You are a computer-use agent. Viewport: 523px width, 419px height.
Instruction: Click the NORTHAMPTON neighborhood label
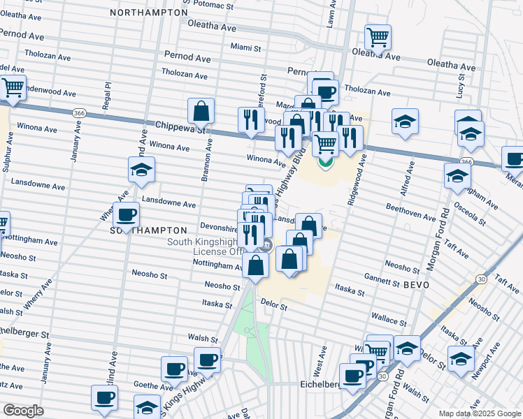(x=148, y=13)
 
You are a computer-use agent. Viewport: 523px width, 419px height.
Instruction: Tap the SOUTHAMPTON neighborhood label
(x=148, y=230)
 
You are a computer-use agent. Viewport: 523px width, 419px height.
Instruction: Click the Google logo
(x=23, y=411)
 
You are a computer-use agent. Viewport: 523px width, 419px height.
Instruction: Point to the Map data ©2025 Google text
(x=479, y=413)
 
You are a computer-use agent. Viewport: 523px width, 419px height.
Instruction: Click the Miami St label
(x=245, y=48)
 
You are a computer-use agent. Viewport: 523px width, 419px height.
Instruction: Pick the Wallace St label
(x=389, y=322)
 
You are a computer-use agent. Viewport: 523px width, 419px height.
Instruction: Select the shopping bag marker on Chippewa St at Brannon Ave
(x=201, y=111)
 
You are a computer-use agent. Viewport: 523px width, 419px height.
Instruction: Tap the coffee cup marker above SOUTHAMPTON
(x=127, y=215)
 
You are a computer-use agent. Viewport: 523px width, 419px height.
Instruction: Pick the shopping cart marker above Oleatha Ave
(x=378, y=37)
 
